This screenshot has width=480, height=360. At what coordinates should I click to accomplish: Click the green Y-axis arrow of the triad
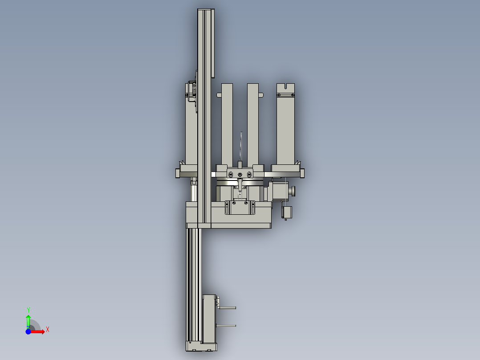28,320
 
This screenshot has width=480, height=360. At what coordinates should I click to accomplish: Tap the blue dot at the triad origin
28,331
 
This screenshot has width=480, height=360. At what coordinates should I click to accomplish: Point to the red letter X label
48,330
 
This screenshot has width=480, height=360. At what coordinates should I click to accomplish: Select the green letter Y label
28,310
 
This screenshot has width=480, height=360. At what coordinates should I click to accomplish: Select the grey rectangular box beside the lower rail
209,319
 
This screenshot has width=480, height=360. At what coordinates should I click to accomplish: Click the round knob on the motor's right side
293,192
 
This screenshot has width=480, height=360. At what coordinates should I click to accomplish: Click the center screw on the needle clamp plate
240,174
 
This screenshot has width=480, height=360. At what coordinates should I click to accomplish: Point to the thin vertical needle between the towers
240,147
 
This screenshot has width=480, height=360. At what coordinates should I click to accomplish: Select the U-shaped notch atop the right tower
286,86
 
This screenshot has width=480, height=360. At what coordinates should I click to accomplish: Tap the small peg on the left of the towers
218,95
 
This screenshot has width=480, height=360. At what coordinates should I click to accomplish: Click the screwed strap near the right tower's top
285,94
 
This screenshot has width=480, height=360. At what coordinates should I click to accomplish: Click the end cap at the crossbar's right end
302,172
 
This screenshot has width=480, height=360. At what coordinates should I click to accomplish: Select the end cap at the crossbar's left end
178,172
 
